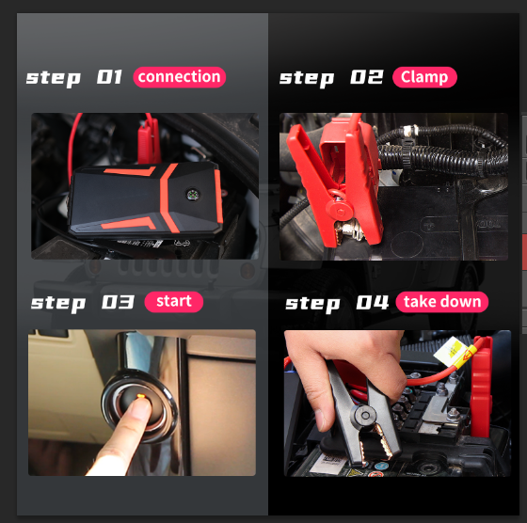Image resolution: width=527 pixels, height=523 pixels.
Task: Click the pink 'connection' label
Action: (x=179, y=77)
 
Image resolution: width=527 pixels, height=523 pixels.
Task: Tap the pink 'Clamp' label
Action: (x=424, y=77)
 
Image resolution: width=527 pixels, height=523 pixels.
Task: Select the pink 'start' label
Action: (x=174, y=302)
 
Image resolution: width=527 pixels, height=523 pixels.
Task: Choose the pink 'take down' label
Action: (x=442, y=302)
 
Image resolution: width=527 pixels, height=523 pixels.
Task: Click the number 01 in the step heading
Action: (x=109, y=77)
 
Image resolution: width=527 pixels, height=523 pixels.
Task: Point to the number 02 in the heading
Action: (x=367, y=77)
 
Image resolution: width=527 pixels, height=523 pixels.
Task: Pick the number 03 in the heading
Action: (x=118, y=302)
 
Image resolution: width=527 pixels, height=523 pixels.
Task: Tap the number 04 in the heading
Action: (x=373, y=302)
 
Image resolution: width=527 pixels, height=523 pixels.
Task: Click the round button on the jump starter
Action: (x=193, y=195)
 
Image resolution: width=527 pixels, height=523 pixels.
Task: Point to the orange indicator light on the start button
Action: (x=141, y=396)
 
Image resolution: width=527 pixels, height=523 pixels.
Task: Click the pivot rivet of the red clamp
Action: (x=341, y=212)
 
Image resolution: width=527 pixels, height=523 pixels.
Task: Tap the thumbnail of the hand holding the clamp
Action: (x=320, y=420)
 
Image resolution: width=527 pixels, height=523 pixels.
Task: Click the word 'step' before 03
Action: (x=58, y=303)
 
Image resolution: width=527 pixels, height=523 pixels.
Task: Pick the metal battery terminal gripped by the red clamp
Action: (x=350, y=230)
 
